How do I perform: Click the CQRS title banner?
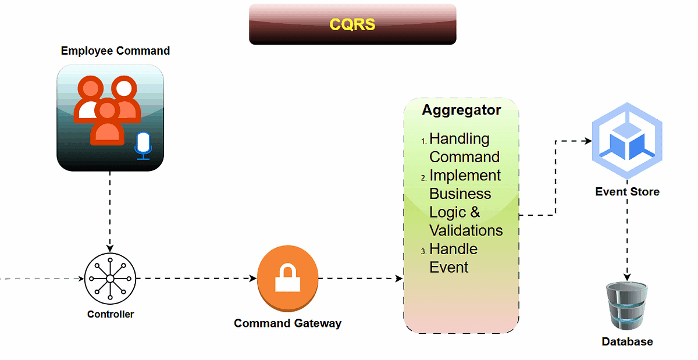tap(352, 24)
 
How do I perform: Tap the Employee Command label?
tap(115, 51)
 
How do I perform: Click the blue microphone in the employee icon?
tap(143, 145)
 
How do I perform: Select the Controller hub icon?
tap(110, 279)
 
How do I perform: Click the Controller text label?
tap(111, 314)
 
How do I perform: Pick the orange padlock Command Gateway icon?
tap(288, 277)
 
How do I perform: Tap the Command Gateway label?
tap(287, 323)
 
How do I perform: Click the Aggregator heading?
tap(461, 110)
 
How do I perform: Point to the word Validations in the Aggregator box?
tap(466, 230)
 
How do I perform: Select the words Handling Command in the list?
tap(464, 148)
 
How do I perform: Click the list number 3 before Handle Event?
tap(423, 251)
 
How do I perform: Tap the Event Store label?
tap(627, 191)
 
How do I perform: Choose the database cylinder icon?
tap(626, 306)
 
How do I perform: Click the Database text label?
tap(627, 342)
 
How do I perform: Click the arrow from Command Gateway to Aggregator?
tap(361, 279)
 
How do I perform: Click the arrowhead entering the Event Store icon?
tap(587, 141)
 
